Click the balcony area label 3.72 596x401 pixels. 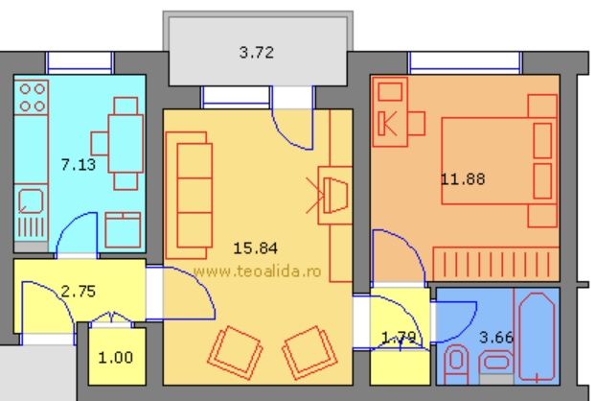click(x=256, y=53)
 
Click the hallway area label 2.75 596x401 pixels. click(x=78, y=291)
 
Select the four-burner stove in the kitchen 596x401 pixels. click(x=33, y=96)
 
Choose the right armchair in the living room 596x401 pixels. click(x=306, y=350)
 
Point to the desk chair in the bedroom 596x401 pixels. click(x=415, y=124)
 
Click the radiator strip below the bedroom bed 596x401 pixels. click(x=495, y=262)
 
